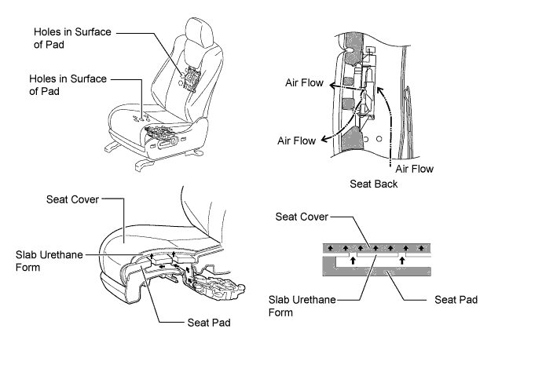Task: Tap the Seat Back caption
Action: pyautogui.click(x=373, y=184)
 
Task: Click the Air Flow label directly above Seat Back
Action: pyautogui.click(x=414, y=169)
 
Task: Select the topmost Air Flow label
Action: pyautogui.click(x=304, y=82)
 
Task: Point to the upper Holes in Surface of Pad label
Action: pyautogui.click(x=72, y=38)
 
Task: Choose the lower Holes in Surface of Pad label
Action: pyautogui.click(x=68, y=85)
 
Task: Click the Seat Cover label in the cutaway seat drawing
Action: pyautogui.click(x=72, y=199)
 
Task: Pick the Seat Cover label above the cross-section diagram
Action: pyautogui.click(x=302, y=217)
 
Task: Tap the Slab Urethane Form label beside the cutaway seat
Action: pyautogui.click(x=49, y=261)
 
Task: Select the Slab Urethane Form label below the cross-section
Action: pyautogui.click(x=302, y=305)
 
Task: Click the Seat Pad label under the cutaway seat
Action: pyautogui.click(x=209, y=323)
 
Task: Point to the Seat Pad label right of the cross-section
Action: pyautogui.click(x=456, y=299)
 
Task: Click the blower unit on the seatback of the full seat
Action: pyautogui.click(x=190, y=78)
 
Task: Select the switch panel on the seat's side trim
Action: pyautogui.click(x=167, y=143)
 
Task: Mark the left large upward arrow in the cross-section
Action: pyautogui.click(x=353, y=260)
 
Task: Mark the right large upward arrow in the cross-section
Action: pyautogui.click(x=401, y=260)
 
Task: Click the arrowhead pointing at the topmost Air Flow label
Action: pyautogui.click(x=332, y=86)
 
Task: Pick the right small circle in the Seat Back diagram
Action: pyautogui.click(x=379, y=139)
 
